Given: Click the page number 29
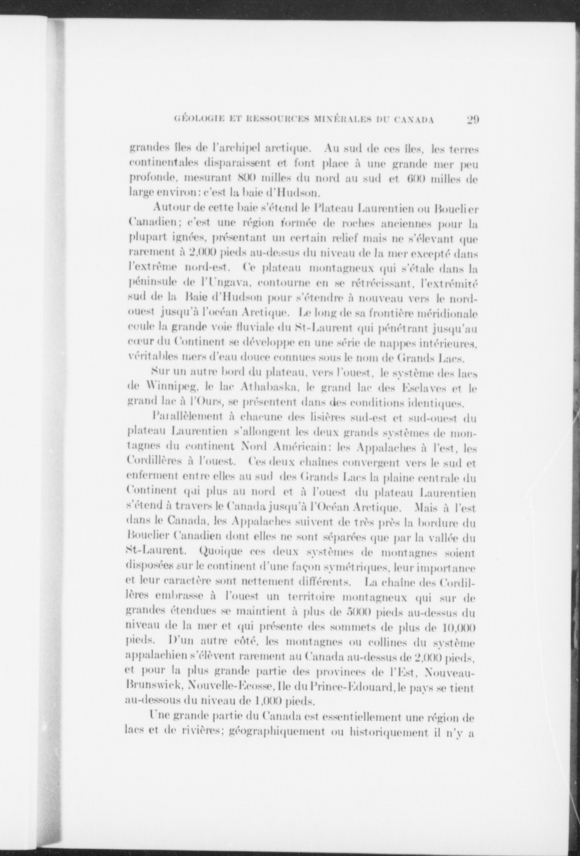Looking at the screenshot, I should [x=473, y=120].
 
